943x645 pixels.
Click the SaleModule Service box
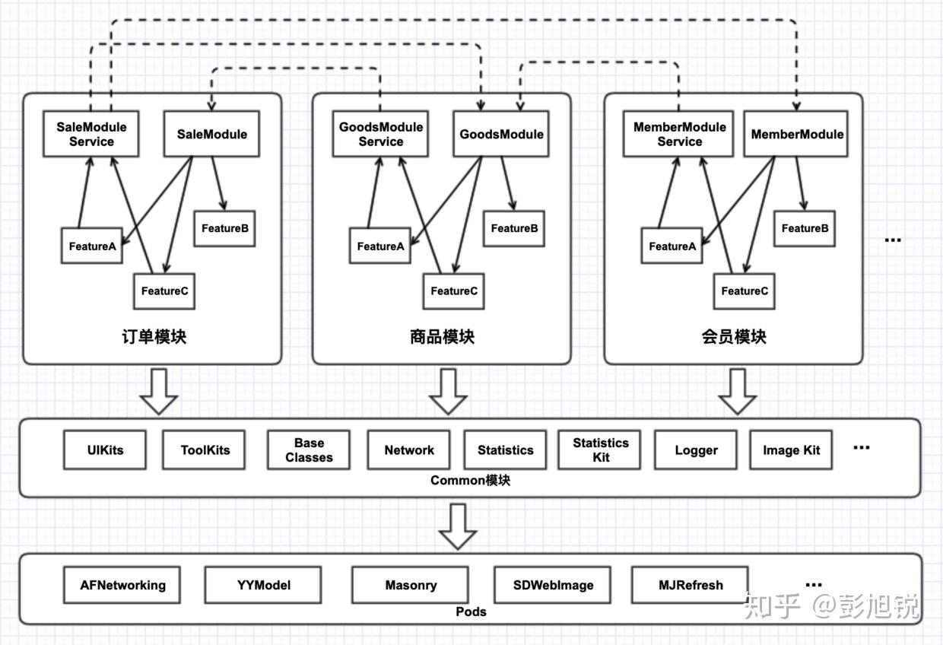tap(90, 134)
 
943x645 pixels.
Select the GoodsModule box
tap(500, 134)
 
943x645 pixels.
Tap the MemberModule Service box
tap(679, 134)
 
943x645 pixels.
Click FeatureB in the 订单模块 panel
tap(224, 228)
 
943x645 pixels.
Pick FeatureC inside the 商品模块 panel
tap(454, 291)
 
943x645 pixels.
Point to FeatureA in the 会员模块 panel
tap(672, 246)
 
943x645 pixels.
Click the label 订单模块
tap(154, 337)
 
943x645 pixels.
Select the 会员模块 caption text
tap(734, 337)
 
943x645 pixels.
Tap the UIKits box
tap(104, 450)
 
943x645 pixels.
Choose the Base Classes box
tap(309, 450)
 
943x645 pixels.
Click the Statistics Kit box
tap(601, 450)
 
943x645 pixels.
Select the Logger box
tap(696, 450)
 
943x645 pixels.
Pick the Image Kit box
tap(791, 450)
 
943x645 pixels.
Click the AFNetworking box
tap(122, 585)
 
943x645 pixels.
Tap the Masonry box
tap(411, 585)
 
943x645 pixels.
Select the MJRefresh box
tap(691, 585)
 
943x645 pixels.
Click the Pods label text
tap(471, 612)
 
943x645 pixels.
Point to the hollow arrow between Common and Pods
tap(458, 526)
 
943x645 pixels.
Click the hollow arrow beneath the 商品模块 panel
tap(448, 392)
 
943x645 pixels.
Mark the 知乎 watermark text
tap(772, 606)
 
